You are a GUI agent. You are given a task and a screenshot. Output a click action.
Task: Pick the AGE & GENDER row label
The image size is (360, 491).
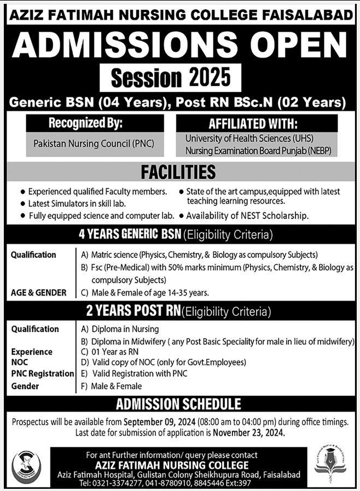coord(38,293)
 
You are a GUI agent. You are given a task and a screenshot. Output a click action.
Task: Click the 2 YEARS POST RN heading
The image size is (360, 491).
coord(132,312)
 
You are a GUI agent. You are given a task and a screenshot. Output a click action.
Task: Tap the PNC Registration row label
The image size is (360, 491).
coord(42,373)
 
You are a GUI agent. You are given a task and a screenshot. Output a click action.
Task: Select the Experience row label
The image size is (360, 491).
coord(32,352)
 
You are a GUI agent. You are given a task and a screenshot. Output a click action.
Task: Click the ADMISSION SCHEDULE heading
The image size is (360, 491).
coord(178,405)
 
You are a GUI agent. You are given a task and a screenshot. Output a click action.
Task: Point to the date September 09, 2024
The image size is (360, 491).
coord(164,421)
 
